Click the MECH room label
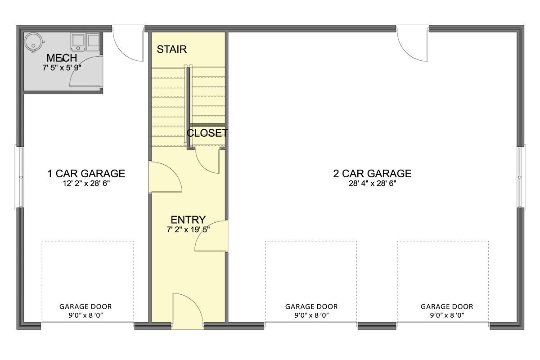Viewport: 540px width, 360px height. point(62,58)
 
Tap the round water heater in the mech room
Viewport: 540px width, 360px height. point(34,42)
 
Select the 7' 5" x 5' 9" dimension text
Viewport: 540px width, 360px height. point(62,67)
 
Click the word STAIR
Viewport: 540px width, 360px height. point(171,49)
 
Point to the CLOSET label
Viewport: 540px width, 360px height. point(207,133)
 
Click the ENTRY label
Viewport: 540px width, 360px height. point(188,220)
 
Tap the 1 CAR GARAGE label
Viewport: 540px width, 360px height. point(86,174)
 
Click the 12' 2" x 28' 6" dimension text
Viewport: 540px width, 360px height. point(86,184)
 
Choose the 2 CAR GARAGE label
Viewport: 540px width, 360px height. point(372,174)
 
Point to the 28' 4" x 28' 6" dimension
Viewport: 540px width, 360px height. point(372,184)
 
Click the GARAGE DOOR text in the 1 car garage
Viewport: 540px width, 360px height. point(85,307)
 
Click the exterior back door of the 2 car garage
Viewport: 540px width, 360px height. point(412,45)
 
